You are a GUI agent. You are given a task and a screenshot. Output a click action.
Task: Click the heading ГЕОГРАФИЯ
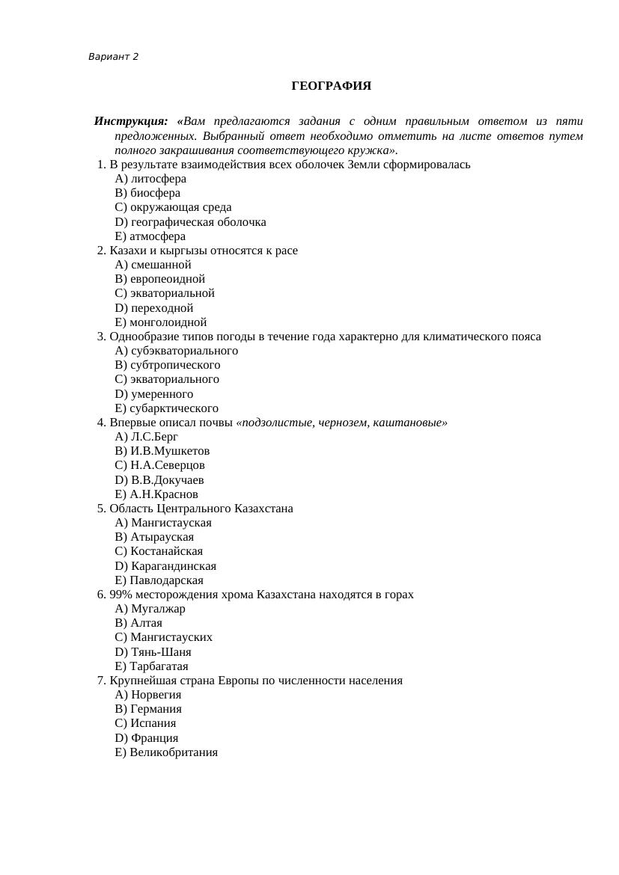[x=331, y=86]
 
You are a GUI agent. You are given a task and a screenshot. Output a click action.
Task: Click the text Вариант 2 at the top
[x=113, y=57]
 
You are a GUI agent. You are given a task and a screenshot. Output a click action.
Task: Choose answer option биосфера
[x=155, y=193]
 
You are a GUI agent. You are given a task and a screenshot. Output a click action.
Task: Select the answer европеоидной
[x=167, y=279]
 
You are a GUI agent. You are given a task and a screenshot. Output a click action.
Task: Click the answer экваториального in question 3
[x=174, y=379]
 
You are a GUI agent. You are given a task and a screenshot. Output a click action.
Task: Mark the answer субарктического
[x=174, y=408]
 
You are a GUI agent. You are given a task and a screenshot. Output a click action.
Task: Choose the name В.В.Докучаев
[x=167, y=480]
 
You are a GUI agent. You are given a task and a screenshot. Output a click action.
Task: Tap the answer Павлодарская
[x=166, y=580]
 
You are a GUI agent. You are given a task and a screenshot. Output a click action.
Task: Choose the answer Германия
[x=156, y=709]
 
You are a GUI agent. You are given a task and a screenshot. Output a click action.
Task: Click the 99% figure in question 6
[x=120, y=595]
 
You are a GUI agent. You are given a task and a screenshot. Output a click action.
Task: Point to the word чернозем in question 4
[x=341, y=423]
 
